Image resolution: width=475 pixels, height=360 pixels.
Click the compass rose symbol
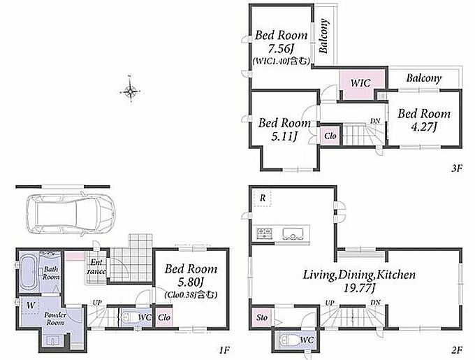(130, 90)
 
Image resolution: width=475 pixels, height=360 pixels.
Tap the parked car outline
(71, 214)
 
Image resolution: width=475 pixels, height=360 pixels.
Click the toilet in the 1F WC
(129, 318)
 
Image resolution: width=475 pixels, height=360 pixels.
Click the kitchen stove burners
(265, 233)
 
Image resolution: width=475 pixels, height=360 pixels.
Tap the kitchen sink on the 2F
(293, 233)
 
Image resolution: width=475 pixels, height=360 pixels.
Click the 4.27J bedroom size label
(423, 127)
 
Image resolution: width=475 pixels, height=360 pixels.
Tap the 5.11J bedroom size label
(283, 136)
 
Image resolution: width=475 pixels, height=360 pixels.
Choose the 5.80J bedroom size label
(189, 282)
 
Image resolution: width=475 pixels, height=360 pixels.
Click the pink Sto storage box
(263, 317)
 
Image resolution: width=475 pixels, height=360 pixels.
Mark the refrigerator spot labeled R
(263, 199)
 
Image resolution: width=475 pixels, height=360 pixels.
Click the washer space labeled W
(31, 305)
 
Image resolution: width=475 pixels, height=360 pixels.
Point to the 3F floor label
(457, 168)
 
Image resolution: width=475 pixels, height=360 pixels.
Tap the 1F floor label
(225, 350)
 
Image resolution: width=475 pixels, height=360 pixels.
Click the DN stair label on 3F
(375, 121)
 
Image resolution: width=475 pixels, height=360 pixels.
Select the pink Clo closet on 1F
(164, 317)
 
